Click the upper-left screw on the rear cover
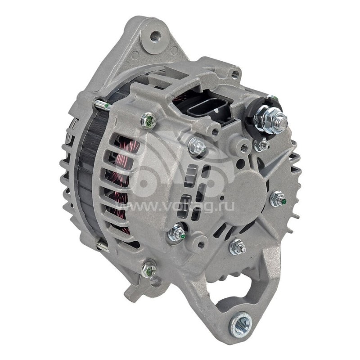click(x=148, y=120)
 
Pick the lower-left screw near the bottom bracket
click(x=148, y=269)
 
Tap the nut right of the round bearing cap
click(x=278, y=198)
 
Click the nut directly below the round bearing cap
click(x=238, y=247)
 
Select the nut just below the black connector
click(x=197, y=146)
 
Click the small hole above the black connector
click(x=234, y=74)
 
